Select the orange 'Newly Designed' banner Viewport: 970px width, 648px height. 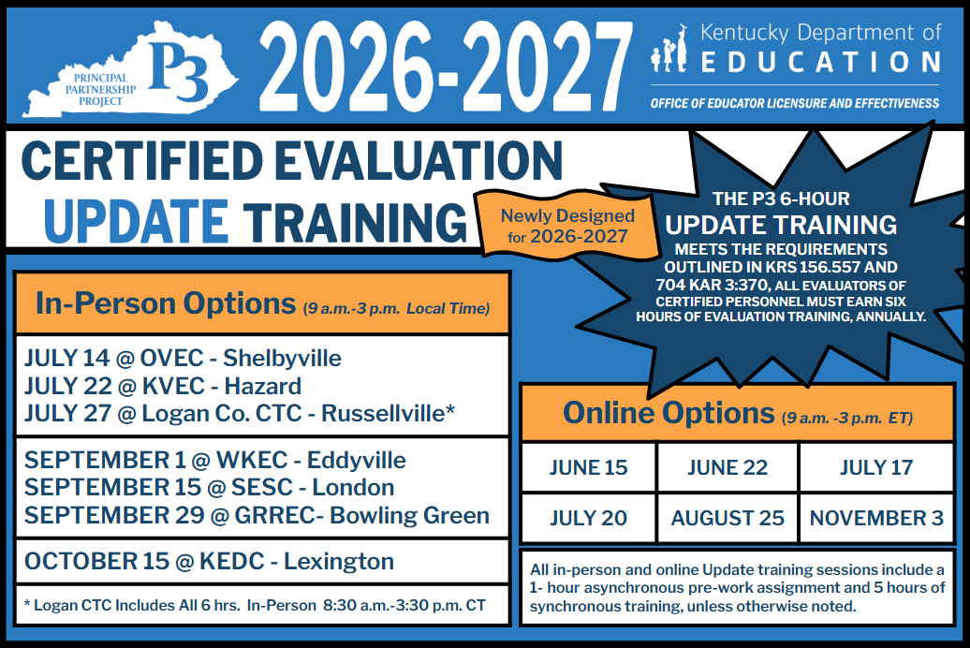click(566, 226)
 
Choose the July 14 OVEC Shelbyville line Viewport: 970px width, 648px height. click(183, 359)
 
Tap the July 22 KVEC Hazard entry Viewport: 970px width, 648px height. click(163, 386)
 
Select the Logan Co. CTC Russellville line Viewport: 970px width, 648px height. click(240, 413)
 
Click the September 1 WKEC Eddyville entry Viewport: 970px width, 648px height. click(215, 461)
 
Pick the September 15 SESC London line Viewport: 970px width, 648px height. click(209, 488)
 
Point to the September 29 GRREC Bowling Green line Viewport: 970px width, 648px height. click(257, 515)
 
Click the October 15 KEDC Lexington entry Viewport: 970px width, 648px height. click(209, 562)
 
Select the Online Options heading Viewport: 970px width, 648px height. click(737, 413)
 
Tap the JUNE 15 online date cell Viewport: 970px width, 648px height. click(588, 468)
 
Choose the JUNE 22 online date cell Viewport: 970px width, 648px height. click(727, 468)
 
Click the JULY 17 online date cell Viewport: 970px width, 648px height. click(875, 468)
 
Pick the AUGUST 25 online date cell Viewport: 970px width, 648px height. click(727, 519)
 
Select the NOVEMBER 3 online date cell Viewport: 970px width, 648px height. click(875, 519)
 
